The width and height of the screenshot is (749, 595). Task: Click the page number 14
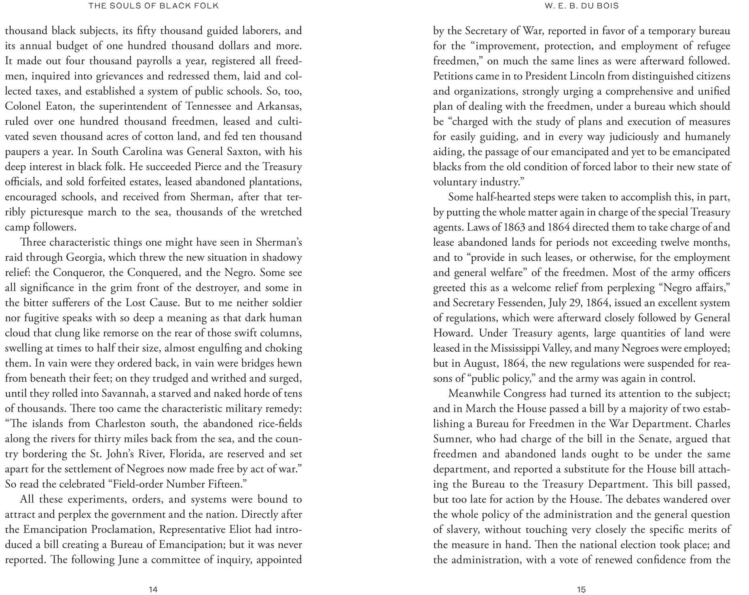tap(153, 589)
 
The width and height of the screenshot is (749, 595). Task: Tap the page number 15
tap(581, 589)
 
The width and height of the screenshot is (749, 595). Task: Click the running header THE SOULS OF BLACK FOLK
tap(154, 6)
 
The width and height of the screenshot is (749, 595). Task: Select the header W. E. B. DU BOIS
tap(582, 6)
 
